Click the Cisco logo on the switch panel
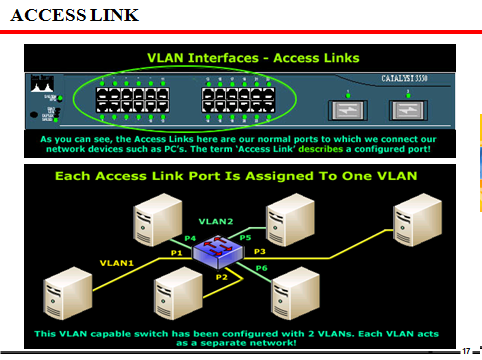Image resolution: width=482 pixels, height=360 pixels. click(42, 89)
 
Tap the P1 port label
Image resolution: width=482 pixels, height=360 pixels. click(176, 253)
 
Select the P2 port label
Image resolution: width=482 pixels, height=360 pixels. click(223, 274)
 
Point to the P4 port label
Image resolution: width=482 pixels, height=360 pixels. click(191, 237)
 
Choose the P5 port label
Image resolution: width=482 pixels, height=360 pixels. click(244, 236)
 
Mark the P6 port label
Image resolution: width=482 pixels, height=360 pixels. click(262, 268)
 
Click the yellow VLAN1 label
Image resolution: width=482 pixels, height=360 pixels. click(116, 262)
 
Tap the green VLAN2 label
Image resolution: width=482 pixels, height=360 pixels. click(215, 219)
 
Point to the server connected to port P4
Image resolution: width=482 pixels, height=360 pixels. click(156, 219)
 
